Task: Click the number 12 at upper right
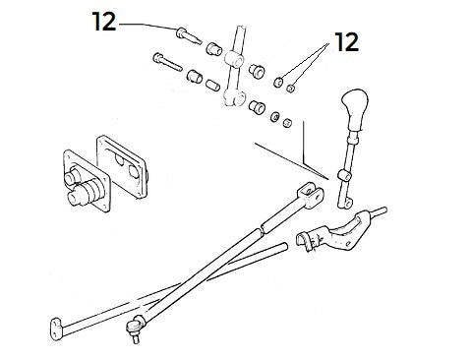pyautogui.click(x=345, y=42)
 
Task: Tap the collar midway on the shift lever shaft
pyautogui.click(x=344, y=174)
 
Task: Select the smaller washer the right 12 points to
pyautogui.click(x=293, y=88)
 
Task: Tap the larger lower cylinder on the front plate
pyautogui.click(x=80, y=196)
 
